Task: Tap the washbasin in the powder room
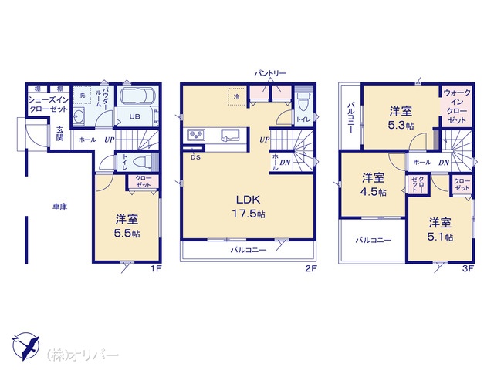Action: pyautogui.click(x=78, y=117)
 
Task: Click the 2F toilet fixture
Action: pyautogui.click(x=303, y=101)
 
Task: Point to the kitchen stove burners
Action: pyautogui.click(x=196, y=136)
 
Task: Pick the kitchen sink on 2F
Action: pyautogui.click(x=230, y=136)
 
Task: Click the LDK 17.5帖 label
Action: pyautogui.click(x=249, y=207)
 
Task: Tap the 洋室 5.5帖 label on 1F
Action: pyautogui.click(x=127, y=226)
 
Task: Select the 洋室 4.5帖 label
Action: pyautogui.click(x=374, y=184)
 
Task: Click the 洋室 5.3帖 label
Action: pyautogui.click(x=401, y=118)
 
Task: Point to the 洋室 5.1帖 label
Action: pyautogui.click(x=440, y=229)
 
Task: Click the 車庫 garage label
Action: pyautogui.click(x=60, y=207)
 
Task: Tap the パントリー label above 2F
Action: pyautogui.click(x=271, y=73)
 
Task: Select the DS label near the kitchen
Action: pyautogui.click(x=195, y=157)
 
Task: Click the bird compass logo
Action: pyautogui.click(x=26, y=346)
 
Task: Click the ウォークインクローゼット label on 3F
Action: pyautogui.click(x=456, y=106)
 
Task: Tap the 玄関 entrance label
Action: pyautogui.click(x=60, y=133)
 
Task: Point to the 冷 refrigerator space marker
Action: pyautogui.click(x=237, y=97)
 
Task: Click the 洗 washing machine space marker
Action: pyautogui.click(x=83, y=95)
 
